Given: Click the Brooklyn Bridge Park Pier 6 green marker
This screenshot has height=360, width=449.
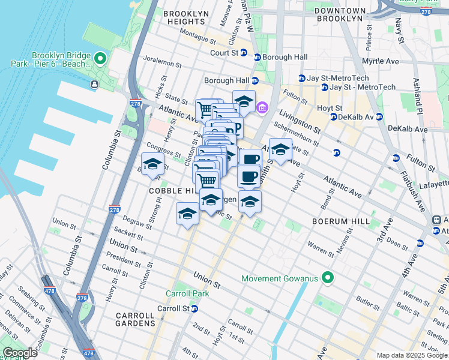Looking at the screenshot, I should [x=100, y=59].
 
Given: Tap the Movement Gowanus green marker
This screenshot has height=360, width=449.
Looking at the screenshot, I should [x=327, y=278].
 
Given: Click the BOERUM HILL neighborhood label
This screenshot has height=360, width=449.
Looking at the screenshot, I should [x=340, y=221].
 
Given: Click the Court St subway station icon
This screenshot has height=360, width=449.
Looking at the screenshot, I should [x=244, y=53].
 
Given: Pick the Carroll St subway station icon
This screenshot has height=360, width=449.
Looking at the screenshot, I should [x=194, y=308].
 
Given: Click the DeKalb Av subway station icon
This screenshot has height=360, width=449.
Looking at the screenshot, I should [x=379, y=116].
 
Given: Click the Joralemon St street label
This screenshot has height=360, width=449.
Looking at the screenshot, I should [x=161, y=62].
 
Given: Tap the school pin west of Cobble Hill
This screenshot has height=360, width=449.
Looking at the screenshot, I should [x=152, y=164].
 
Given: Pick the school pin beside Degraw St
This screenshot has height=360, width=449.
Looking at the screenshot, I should [x=187, y=214].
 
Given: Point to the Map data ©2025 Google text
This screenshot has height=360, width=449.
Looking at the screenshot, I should [x=412, y=355].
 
